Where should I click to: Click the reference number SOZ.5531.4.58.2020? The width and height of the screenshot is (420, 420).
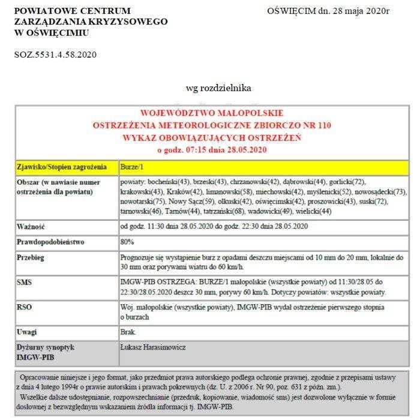(x=55, y=55)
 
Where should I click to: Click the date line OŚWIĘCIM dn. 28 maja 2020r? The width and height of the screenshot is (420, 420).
(x=328, y=10)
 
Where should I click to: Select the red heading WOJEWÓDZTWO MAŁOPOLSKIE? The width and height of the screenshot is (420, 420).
(x=212, y=113)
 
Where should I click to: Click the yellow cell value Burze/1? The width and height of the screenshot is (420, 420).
(x=133, y=166)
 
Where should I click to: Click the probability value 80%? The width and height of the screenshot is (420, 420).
(x=127, y=242)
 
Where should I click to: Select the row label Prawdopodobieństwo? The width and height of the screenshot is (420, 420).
(x=50, y=242)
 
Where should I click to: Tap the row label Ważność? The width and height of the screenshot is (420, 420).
(x=32, y=226)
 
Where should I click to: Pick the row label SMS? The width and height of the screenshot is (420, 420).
(x=25, y=281)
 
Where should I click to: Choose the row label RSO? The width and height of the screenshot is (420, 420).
(x=25, y=307)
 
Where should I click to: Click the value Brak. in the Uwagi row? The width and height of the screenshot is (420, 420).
(x=128, y=331)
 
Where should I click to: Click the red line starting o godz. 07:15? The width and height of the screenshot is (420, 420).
(x=211, y=149)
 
